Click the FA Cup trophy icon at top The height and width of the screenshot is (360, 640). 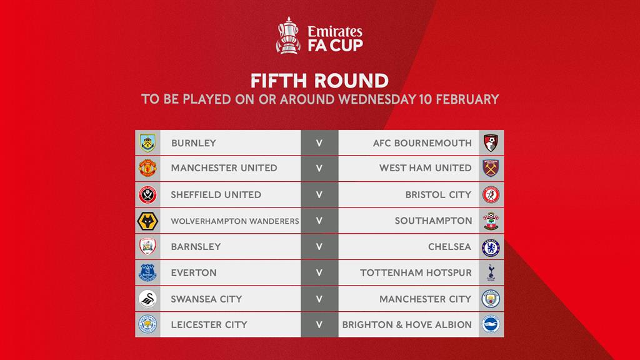pos(288,36)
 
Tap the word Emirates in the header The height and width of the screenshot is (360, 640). pos(335,31)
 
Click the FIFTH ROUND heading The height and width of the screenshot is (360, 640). pos(319,81)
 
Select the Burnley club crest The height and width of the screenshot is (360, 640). pos(147,143)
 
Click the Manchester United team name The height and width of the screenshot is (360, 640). pos(224,168)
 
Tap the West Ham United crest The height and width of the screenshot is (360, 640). pos(491,168)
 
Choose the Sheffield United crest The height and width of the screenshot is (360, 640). pos(147,195)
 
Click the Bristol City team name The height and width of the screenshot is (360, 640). pos(438,195)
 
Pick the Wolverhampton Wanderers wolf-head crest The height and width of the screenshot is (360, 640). pos(147,221)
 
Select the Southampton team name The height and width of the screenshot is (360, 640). pos(433,221)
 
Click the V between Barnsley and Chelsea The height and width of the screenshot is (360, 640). pos(319,247)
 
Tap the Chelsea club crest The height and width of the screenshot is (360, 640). pos(491,247)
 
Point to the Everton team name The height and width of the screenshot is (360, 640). pos(194,272)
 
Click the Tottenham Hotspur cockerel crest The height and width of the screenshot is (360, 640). pos(491,272)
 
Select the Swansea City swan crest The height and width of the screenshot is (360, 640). pos(147,299)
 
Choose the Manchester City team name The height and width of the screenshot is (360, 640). pos(425,299)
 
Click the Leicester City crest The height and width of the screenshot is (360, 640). pos(147,324)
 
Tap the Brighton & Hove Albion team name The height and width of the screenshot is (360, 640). pos(407,325)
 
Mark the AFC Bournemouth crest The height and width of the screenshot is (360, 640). pos(491,143)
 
